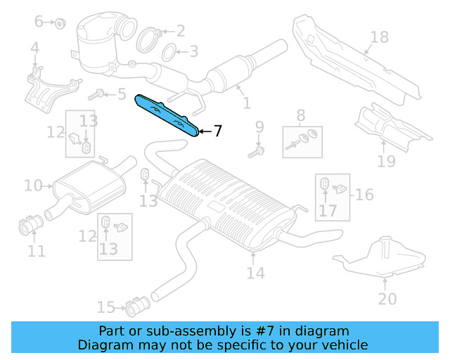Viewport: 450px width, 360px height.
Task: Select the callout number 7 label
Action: [218, 131]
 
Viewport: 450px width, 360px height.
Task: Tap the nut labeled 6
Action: [60, 23]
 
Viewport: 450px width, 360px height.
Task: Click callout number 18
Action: [379, 37]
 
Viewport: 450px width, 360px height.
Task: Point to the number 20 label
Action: [387, 298]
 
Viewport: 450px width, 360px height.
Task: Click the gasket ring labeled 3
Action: [169, 53]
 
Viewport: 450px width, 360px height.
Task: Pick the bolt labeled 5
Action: [99, 93]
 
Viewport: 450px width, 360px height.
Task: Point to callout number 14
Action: [255, 272]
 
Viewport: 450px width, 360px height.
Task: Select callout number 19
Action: [386, 162]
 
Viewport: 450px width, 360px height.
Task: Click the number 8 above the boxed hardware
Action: [301, 114]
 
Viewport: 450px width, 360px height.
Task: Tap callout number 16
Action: [364, 194]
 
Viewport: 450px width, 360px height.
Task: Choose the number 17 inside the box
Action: [328, 210]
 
